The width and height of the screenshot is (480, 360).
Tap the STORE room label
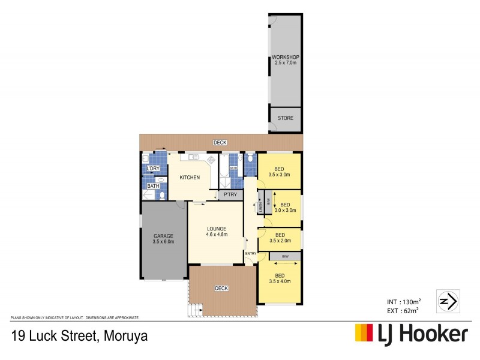pyautogui.click(x=286, y=118)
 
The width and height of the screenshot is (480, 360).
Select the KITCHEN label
pyautogui.click(x=189, y=177)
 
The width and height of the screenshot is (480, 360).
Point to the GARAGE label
pyautogui.click(x=163, y=236)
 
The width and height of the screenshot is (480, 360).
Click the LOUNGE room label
pyautogui.click(x=216, y=229)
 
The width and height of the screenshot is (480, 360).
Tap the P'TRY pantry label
pyautogui.click(x=229, y=196)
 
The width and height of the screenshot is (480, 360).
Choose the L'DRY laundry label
pyautogui.click(x=153, y=169)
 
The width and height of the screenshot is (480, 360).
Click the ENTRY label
pyautogui.click(x=251, y=253)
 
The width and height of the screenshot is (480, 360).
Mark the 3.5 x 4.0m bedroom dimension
pyautogui.click(x=280, y=281)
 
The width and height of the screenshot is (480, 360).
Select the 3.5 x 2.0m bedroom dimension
pyautogui.click(x=280, y=240)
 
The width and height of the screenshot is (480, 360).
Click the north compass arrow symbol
pyautogui.click(x=447, y=300)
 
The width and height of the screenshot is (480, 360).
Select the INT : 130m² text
pyautogui.click(x=404, y=301)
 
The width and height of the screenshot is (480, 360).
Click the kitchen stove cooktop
pyautogui.click(x=211, y=160)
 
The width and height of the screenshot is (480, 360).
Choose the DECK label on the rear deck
pyautogui.click(x=220, y=142)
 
